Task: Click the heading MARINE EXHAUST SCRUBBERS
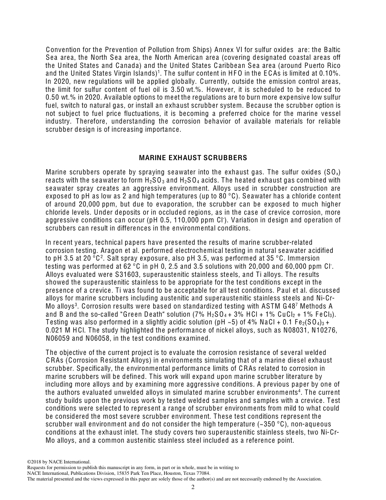coord(193,158)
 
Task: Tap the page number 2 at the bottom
coord(193,487)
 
